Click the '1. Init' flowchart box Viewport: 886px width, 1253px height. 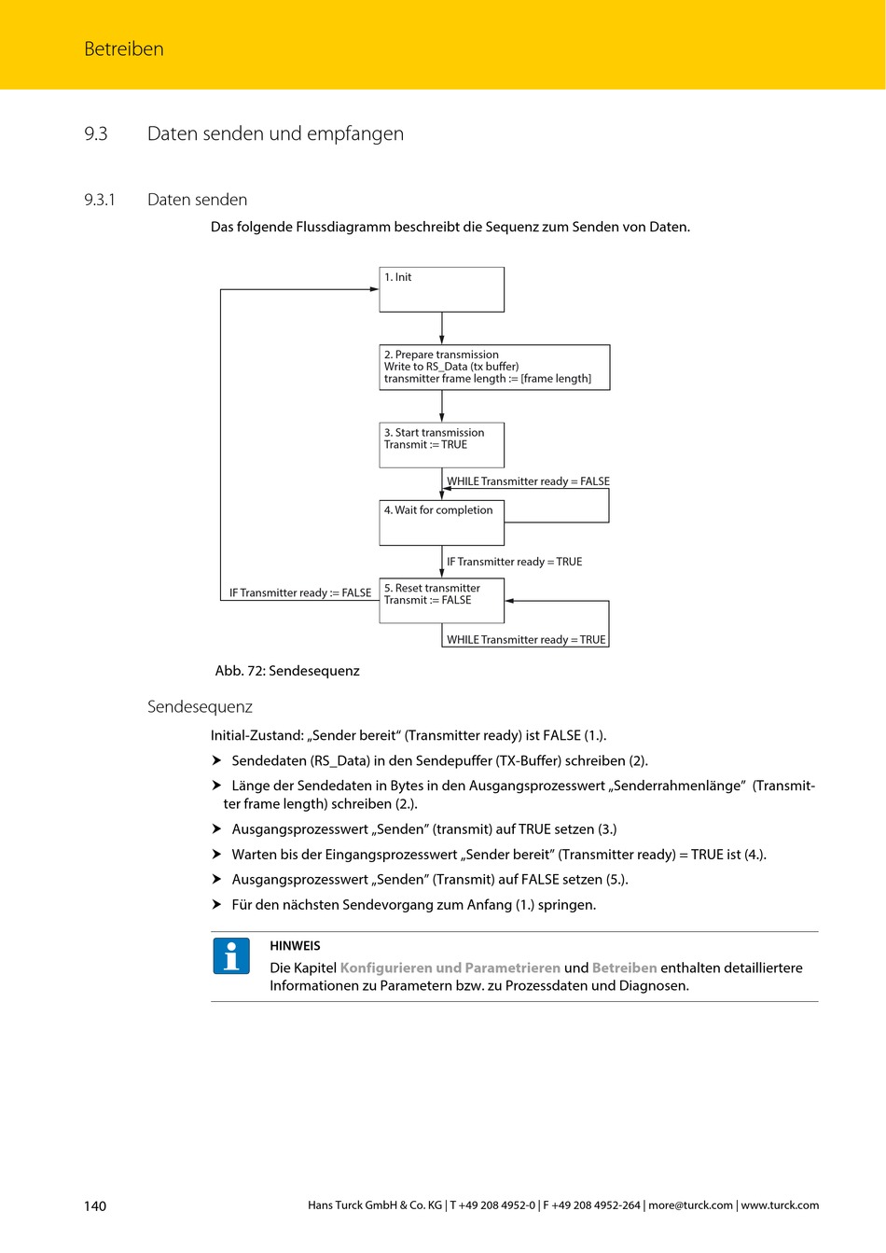[441, 289]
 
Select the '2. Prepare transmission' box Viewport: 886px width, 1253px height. [494, 367]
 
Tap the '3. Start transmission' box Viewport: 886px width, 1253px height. [441, 445]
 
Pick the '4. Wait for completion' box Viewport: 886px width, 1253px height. [441, 522]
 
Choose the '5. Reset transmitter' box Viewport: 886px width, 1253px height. [441, 600]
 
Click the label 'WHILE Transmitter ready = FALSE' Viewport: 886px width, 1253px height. [528, 481]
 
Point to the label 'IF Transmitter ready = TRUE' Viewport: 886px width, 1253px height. [514, 562]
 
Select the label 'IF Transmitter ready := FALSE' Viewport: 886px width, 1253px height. [300, 592]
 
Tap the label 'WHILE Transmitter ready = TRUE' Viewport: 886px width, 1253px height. [526, 640]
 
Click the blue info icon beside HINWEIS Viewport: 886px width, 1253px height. [231, 956]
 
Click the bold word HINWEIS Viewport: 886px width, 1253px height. [295, 945]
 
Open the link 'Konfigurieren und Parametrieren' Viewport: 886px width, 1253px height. [450, 968]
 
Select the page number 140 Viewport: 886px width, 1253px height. [95, 1205]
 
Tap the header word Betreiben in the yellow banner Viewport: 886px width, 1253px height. [124, 49]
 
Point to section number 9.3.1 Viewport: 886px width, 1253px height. [100, 200]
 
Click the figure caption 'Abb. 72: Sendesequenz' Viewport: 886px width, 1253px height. [287, 671]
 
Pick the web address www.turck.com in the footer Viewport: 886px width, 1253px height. [780, 1205]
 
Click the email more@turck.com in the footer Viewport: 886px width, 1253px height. [690, 1205]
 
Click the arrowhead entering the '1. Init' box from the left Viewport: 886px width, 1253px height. [374, 289]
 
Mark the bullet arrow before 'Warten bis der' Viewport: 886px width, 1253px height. [216, 854]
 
